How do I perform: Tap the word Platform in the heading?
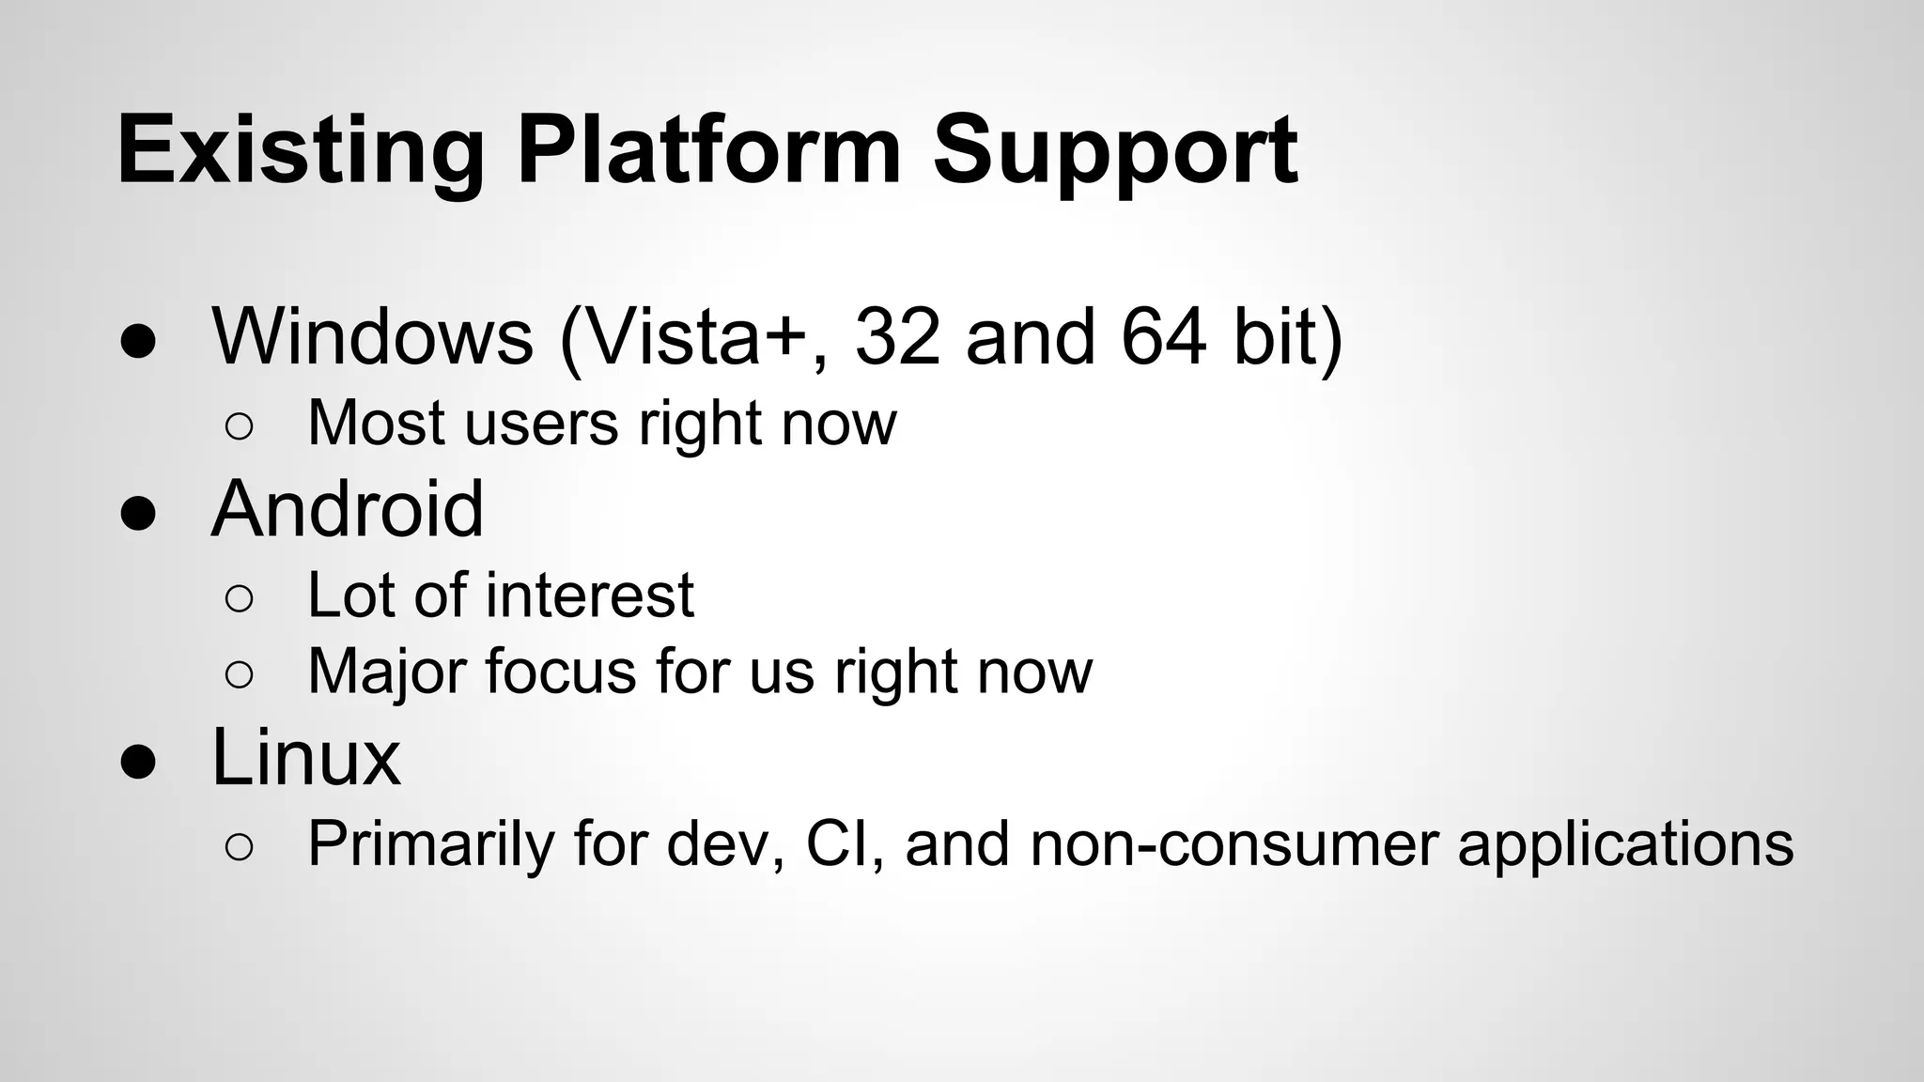point(709,150)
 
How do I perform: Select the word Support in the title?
point(1115,150)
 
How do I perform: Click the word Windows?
point(373,336)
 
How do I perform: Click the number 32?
point(897,336)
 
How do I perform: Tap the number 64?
point(1163,336)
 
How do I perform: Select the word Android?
point(348,509)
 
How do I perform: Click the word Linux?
point(306,757)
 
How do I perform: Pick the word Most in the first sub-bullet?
point(376,423)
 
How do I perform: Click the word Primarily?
point(431,843)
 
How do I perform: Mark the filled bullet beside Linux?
point(138,764)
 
